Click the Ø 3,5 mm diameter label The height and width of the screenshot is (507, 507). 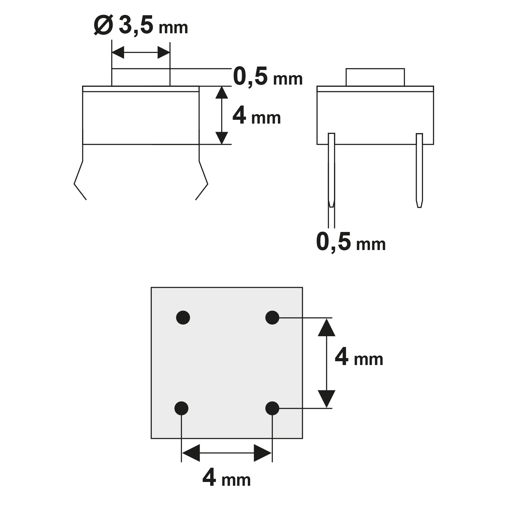(141, 26)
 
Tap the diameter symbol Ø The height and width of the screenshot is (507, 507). (103, 26)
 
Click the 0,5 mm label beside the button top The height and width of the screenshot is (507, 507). (268, 77)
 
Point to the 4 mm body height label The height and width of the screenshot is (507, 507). (257, 116)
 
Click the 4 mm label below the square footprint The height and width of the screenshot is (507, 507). (226, 478)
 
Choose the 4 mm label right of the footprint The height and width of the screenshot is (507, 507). (359, 358)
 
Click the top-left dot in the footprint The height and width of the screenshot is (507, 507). (183, 318)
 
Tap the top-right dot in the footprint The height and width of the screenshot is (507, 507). (272, 318)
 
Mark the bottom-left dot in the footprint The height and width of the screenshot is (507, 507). (181, 408)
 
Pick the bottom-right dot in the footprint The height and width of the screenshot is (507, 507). (272, 408)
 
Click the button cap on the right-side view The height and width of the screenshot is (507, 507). (375, 77)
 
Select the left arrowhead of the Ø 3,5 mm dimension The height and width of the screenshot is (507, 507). (118, 53)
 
